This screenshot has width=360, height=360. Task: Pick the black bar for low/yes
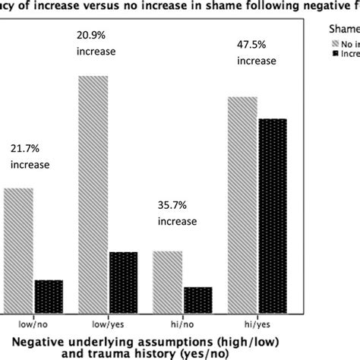click(124, 278)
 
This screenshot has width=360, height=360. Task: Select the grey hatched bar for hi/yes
click(243, 201)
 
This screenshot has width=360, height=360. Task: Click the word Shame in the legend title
click(343, 27)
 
